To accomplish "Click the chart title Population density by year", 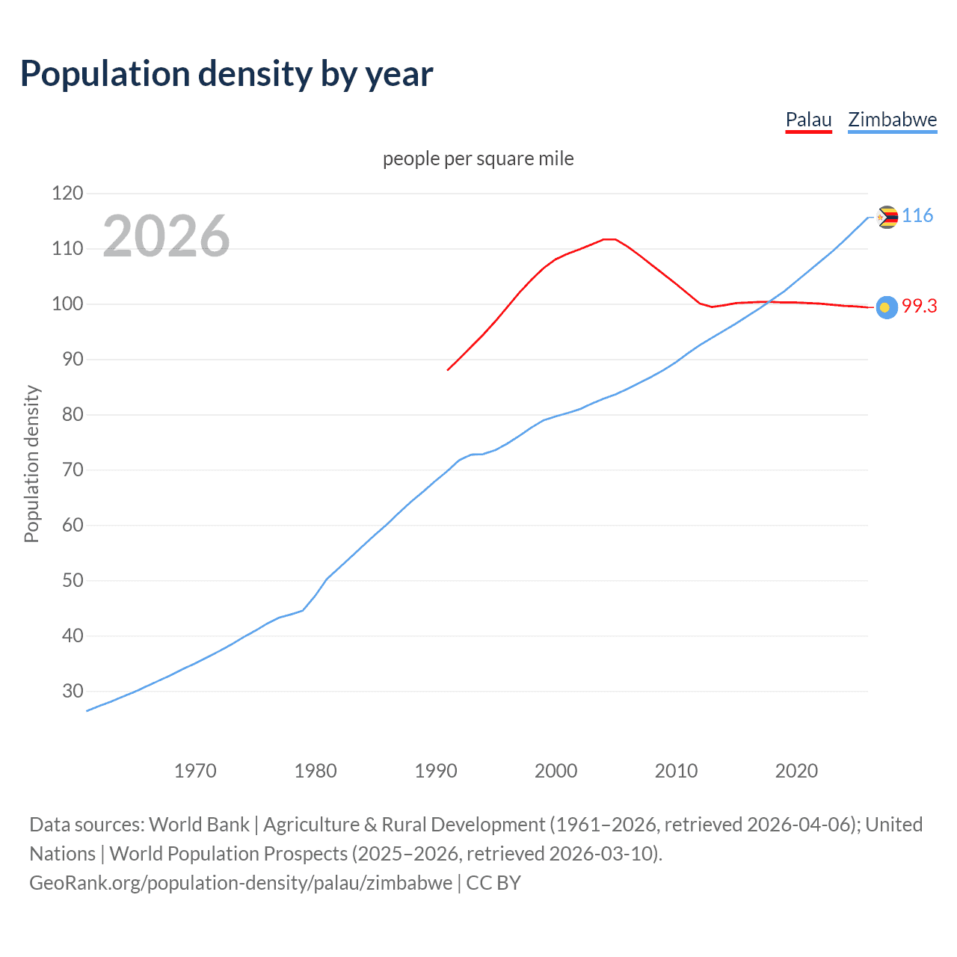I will click(227, 74).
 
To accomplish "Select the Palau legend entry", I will click(808, 120).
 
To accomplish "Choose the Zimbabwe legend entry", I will click(892, 120).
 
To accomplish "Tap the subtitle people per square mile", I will click(478, 159).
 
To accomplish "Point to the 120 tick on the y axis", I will click(67, 194).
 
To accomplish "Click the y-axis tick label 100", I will click(67, 304).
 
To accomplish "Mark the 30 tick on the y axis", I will click(73, 691).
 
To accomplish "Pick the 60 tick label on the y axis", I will click(73, 525).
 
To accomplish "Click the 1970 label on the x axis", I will click(195, 771).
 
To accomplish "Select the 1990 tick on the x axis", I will click(436, 771).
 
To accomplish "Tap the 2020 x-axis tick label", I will click(796, 771).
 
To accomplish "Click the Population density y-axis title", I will click(31, 464).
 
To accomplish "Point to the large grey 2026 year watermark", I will click(166, 236).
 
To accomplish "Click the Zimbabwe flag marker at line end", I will click(887, 217).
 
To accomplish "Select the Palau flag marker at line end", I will click(887, 307).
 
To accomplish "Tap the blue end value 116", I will click(917, 216).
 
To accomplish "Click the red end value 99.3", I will click(919, 306).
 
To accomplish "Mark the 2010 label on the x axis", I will click(676, 771).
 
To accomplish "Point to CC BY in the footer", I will click(493, 883).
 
